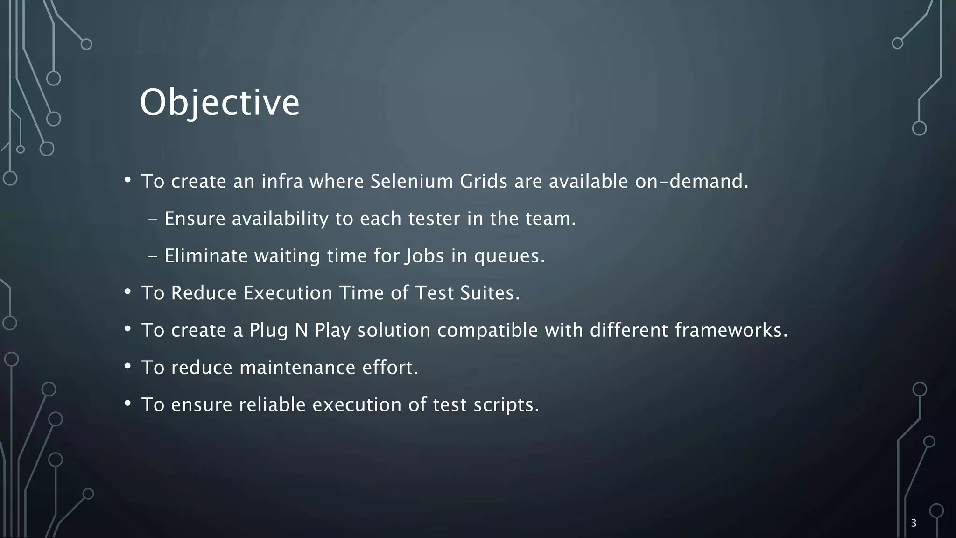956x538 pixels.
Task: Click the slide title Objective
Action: tap(219, 103)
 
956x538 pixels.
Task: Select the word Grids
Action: tap(483, 181)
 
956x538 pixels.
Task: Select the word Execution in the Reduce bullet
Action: tap(288, 293)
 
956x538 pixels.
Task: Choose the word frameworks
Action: tap(731, 331)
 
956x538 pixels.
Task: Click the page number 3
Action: tap(914, 523)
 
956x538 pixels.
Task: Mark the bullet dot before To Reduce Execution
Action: tap(127, 292)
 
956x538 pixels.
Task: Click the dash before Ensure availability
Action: tap(153, 219)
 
